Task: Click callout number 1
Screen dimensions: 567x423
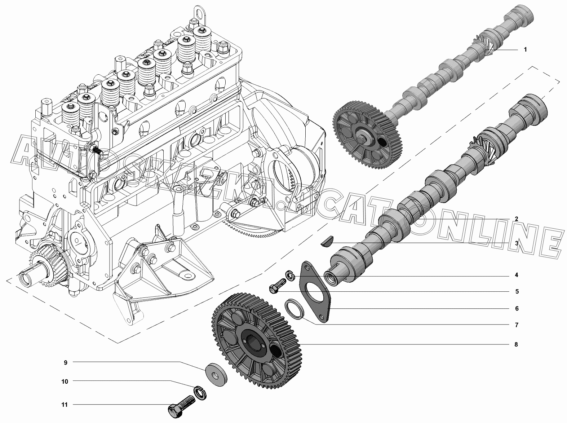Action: point(525,50)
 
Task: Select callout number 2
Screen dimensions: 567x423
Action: point(516,219)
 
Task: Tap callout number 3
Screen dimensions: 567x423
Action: point(517,243)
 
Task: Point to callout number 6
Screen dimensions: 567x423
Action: point(517,309)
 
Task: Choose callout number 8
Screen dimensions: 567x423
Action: point(516,344)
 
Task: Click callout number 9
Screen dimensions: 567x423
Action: point(66,363)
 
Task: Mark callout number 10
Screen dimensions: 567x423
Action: point(65,382)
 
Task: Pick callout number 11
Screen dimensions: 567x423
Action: point(65,405)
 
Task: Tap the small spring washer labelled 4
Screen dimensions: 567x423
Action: point(290,276)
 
